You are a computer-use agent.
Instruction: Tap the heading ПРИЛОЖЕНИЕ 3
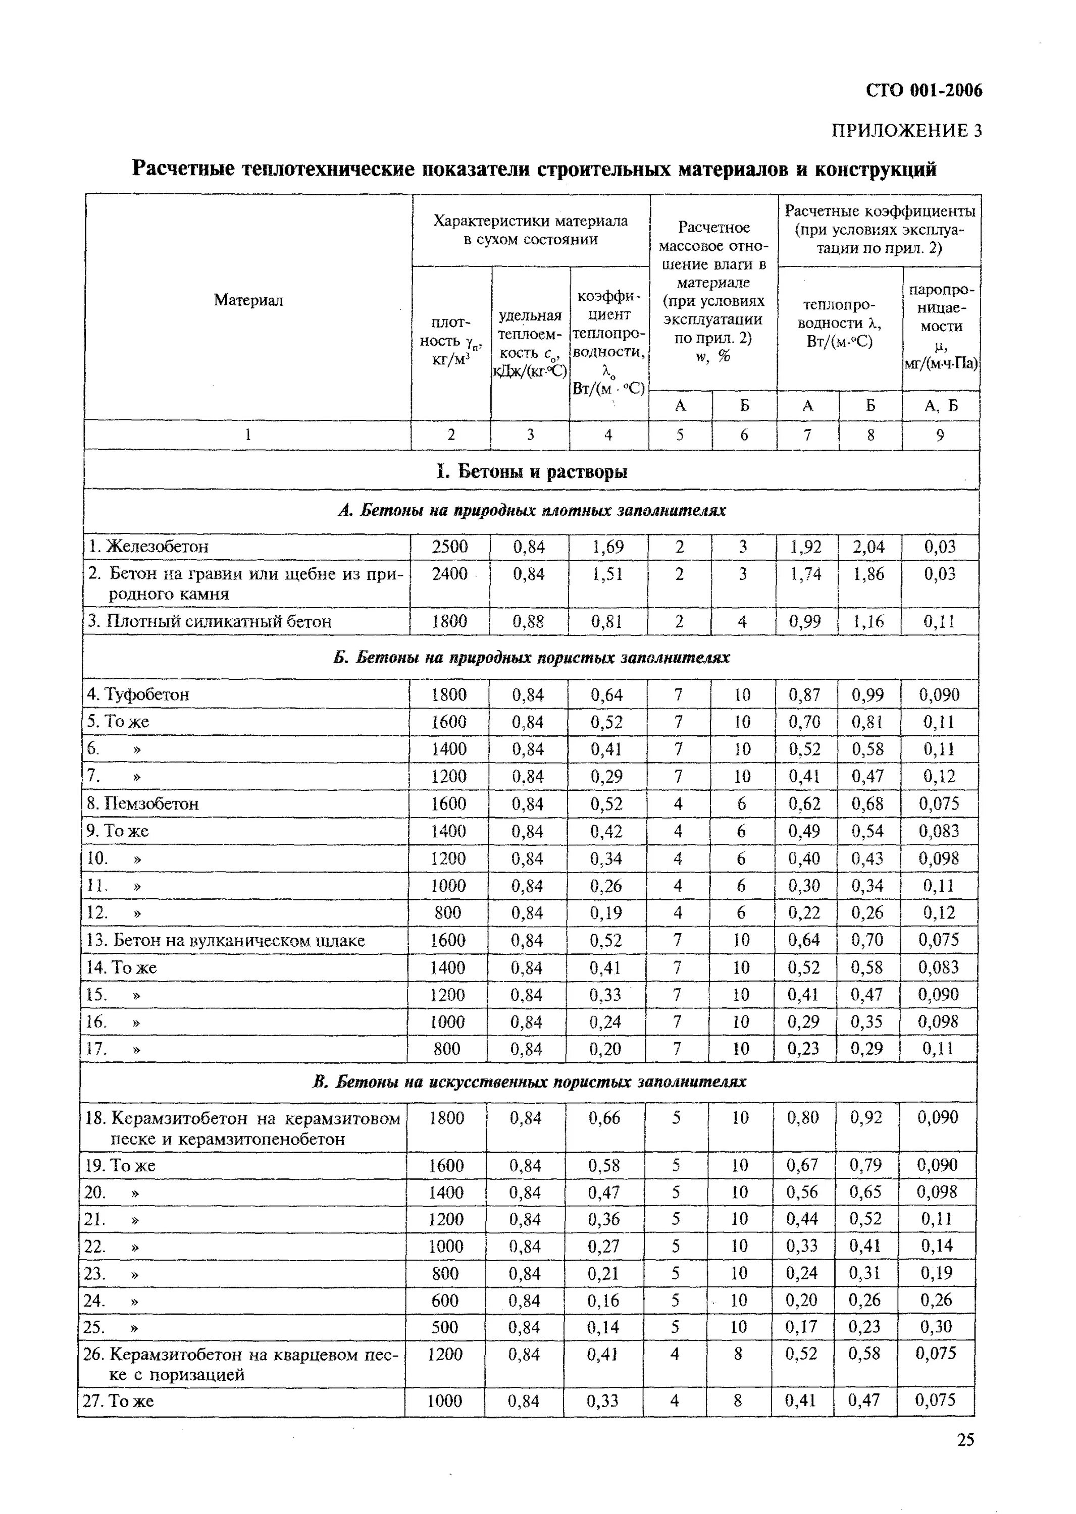click(906, 131)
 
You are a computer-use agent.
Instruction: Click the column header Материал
click(248, 301)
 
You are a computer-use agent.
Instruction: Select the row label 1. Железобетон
click(148, 547)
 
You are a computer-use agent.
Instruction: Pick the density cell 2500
click(450, 547)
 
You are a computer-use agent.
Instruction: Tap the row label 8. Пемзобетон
click(142, 803)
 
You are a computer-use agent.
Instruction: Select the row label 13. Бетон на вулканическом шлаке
click(225, 941)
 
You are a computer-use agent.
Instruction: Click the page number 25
click(965, 1440)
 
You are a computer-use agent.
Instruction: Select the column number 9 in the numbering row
click(940, 435)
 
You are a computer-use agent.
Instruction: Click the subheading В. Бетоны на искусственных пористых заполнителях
click(529, 1082)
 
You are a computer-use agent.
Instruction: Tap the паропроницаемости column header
click(940, 327)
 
